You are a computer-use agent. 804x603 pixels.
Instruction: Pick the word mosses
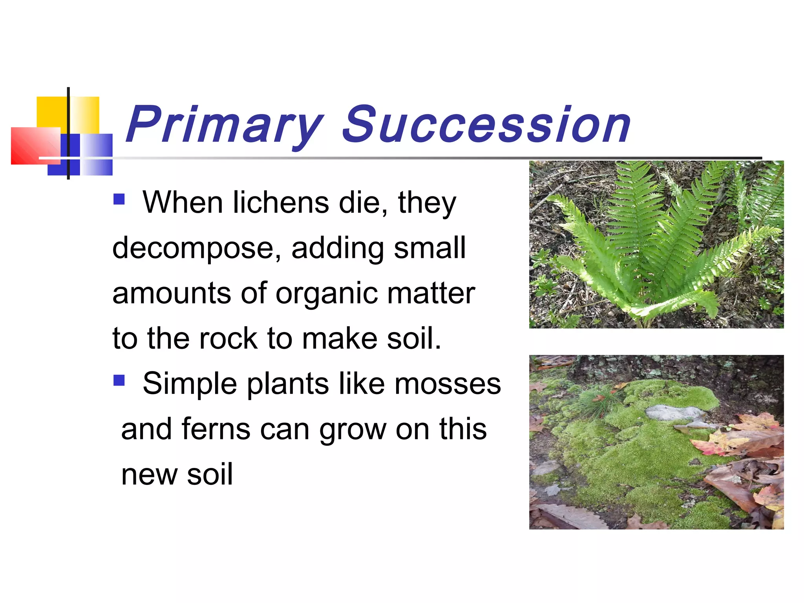(448, 384)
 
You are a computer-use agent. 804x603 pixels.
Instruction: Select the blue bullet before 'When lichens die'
(119, 199)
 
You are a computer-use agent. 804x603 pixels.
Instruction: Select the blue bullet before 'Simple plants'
(119, 380)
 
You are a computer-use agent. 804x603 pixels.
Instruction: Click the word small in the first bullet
(429, 248)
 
